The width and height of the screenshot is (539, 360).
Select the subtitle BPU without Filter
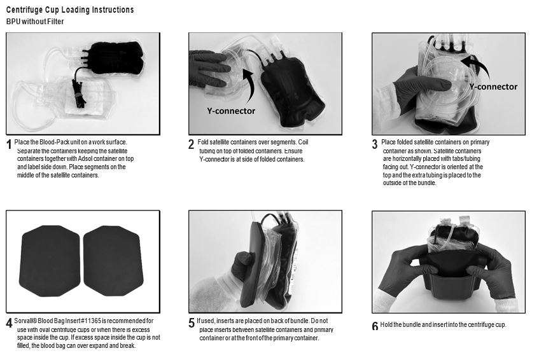tap(35, 22)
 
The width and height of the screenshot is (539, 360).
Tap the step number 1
tap(10, 145)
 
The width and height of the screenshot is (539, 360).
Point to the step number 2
tap(191, 144)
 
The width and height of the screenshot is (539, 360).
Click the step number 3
tap(375, 144)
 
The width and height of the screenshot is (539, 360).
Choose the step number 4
tap(10, 324)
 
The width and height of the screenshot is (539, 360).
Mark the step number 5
tap(192, 324)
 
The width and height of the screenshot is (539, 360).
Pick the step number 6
tap(375, 326)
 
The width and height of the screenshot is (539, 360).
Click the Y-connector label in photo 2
tap(231, 111)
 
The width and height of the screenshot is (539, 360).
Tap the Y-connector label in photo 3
tap(493, 87)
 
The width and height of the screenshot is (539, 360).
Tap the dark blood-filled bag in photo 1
tap(115, 58)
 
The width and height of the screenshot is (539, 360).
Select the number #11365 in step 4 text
tap(91, 321)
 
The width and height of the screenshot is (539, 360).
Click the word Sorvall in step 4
tap(24, 321)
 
